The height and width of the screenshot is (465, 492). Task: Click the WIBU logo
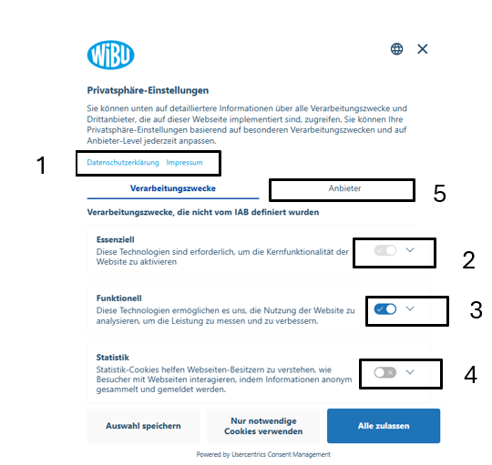pyautogui.click(x=110, y=55)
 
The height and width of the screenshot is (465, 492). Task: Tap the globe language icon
pyautogui.click(x=396, y=49)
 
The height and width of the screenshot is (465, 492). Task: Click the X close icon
pyautogui.click(x=423, y=49)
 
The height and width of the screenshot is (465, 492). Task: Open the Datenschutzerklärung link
pyautogui.click(x=123, y=162)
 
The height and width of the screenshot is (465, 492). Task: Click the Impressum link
pyautogui.click(x=184, y=162)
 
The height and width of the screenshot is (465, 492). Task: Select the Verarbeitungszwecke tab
pyautogui.click(x=173, y=188)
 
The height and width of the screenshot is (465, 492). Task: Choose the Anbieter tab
pyautogui.click(x=344, y=188)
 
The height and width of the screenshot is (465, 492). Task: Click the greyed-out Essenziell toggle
pyautogui.click(x=385, y=250)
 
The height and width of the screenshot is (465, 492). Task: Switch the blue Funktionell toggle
pyautogui.click(x=385, y=309)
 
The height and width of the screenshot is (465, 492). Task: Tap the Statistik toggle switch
pyautogui.click(x=385, y=372)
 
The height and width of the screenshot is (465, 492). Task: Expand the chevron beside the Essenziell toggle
pyautogui.click(x=410, y=250)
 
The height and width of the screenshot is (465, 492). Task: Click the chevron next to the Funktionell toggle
pyautogui.click(x=410, y=308)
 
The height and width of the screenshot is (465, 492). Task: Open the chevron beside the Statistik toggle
pyautogui.click(x=410, y=372)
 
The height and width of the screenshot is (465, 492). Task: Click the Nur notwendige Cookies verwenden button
pyautogui.click(x=263, y=426)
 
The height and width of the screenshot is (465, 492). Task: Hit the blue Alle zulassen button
pyautogui.click(x=384, y=426)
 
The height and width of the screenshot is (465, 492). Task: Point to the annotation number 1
pyautogui.click(x=41, y=165)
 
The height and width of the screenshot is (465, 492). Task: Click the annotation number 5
pyautogui.click(x=439, y=193)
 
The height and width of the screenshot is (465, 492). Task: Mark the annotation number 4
pyautogui.click(x=470, y=374)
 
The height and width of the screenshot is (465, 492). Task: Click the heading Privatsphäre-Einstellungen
pyautogui.click(x=148, y=90)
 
